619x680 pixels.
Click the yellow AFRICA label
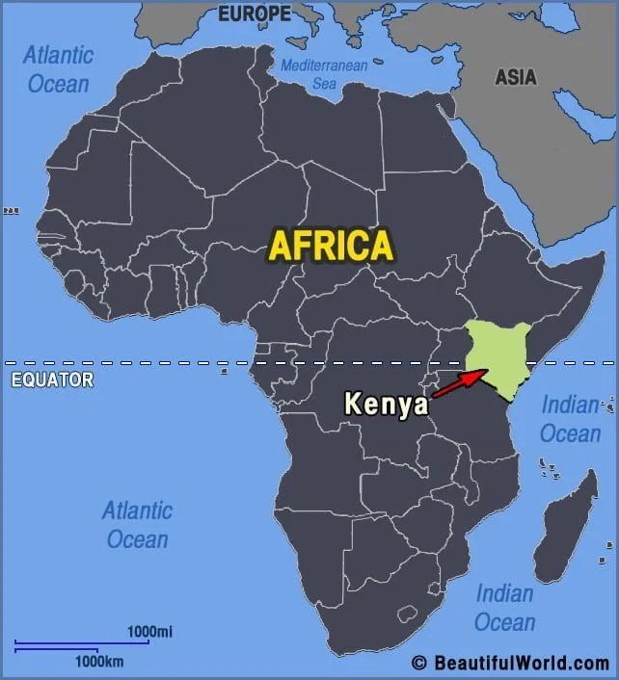[x=331, y=245]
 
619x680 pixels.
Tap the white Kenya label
[x=386, y=404]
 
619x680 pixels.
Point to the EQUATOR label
[x=52, y=379]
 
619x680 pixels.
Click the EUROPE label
[x=254, y=13]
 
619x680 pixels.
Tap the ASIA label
[x=516, y=77]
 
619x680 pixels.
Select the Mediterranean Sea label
[x=325, y=74]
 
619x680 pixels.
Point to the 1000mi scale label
[x=149, y=631]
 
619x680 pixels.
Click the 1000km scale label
[x=99, y=662]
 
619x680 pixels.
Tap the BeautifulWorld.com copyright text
[x=521, y=663]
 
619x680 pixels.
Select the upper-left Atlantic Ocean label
[x=58, y=68]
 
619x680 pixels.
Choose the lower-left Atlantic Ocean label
[x=137, y=524]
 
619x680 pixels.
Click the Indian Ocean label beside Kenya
[x=570, y=419]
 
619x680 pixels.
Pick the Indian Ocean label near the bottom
[x=504, y=607]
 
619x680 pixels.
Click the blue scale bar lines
[x=81, y=645]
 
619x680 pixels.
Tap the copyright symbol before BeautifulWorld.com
[x=419, y=663]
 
